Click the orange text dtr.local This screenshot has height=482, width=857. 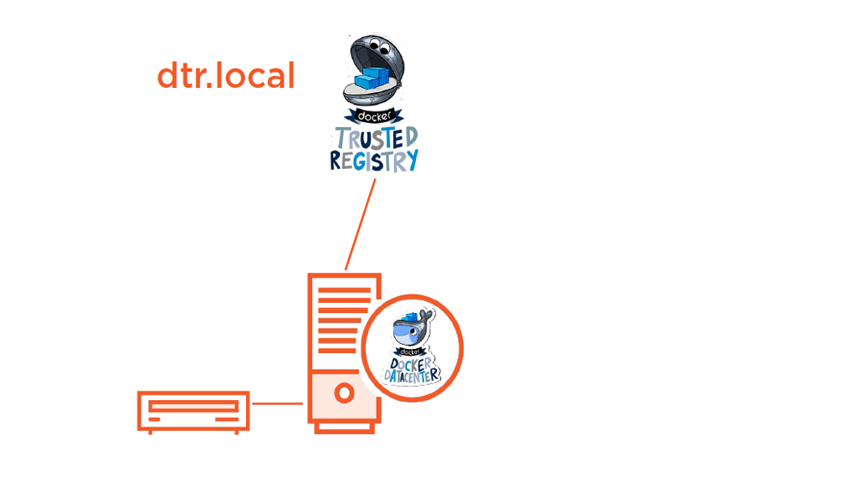coord(226,76)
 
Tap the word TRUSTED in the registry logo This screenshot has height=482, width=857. coord(376,138)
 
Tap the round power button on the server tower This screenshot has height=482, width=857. coord(343,393)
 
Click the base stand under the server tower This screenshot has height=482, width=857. coord(344,428)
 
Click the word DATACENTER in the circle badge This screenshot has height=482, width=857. coord(413,375)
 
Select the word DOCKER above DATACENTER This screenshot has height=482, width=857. coord(413,363)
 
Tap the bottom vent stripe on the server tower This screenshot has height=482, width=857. coord(343,350)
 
